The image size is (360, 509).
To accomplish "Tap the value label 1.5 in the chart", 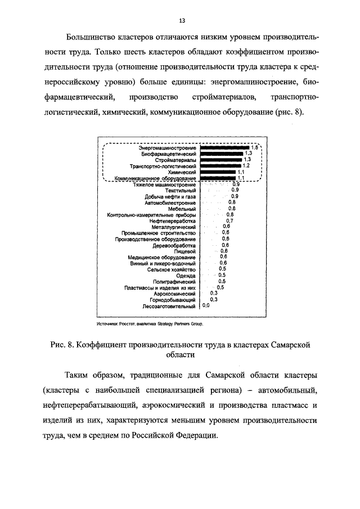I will point(254,147).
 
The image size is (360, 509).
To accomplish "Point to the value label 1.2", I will point(245,166).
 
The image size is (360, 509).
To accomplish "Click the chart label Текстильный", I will point(181,191).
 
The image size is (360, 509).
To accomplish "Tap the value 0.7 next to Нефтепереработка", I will point(229,221).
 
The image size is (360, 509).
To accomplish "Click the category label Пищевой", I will point(184,251).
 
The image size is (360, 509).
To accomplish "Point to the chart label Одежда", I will point(186,276).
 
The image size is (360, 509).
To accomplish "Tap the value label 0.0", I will point(206,306).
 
